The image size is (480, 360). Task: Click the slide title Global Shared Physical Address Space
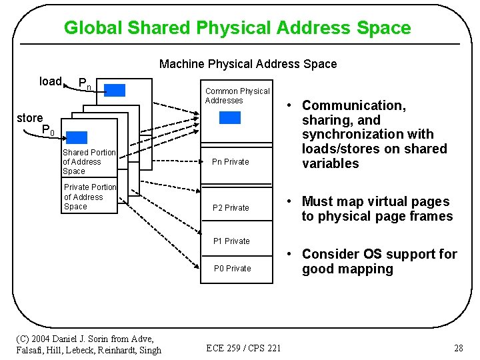coord(237,28)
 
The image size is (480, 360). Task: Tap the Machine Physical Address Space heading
coord(248,64)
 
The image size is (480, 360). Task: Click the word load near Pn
coord(51,81)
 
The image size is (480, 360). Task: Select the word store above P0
coord(30,118)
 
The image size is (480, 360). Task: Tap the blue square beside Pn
coord(115,90)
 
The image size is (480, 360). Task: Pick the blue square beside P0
coord(77,137)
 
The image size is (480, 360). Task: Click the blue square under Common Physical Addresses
coord(230,118)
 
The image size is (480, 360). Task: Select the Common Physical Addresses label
coord(237,96)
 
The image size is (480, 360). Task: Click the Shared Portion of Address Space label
coord(89,162)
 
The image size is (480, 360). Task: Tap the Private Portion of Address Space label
coord(89,197)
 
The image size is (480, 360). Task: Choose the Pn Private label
coord(230,162)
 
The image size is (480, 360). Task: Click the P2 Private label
coord(231,208)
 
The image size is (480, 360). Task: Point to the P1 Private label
coord(231,241)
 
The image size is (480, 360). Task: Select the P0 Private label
coord(232,269)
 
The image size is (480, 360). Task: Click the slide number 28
coord(458,348)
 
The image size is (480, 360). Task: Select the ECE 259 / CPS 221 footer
coord(243,348)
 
